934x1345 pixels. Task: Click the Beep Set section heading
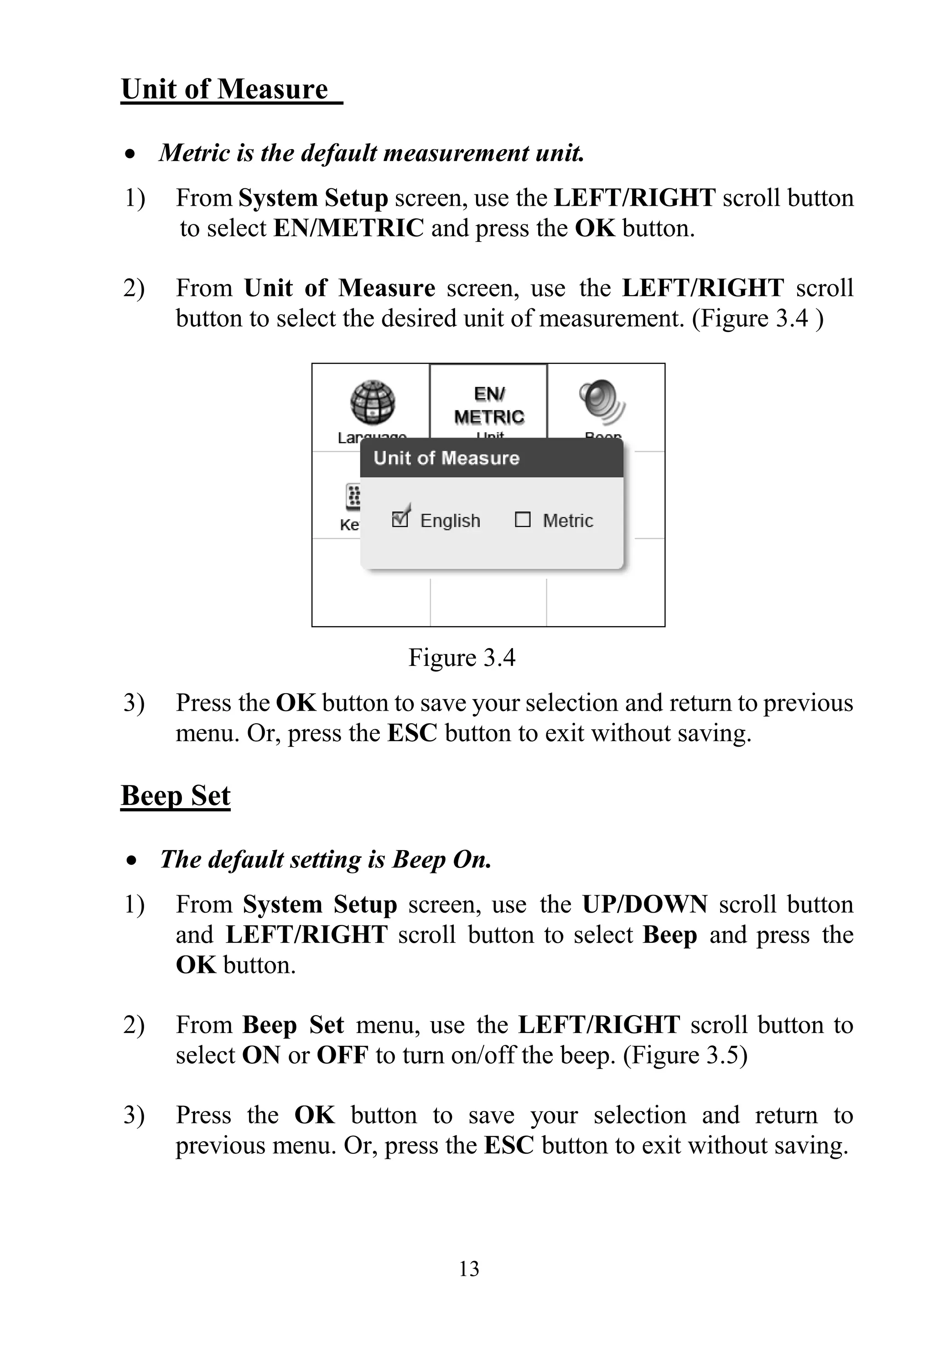click(x=175, y=796)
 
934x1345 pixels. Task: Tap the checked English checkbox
click(x=400, y=519)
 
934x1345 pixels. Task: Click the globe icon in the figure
click(x=372, y=403)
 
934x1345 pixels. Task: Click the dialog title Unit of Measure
click(x=446, y=458)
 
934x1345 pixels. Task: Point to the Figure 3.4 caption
click(x=461, y=658)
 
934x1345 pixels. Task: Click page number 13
click(x=469, y=1269)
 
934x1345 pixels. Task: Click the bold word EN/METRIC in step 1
click(x=349, y=228)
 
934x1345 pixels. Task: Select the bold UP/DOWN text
click(x=644, y=905)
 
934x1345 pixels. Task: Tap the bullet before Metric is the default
click(x=131, y=155)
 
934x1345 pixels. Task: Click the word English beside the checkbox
click(x=450, y=520)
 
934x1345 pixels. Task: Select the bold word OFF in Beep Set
click(x=342, y=1055)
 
